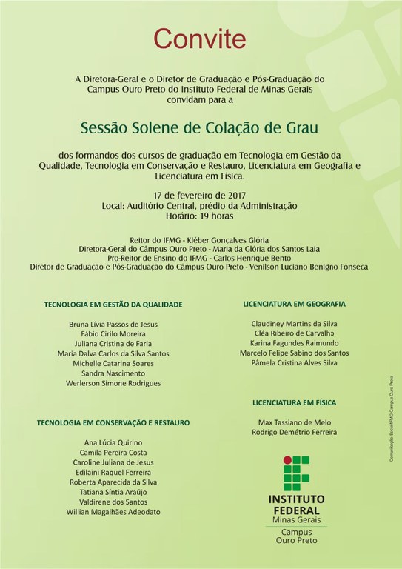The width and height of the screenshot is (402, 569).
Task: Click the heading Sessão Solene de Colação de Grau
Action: tap(200, 126)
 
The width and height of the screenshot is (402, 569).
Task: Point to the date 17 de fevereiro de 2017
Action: tap(200, 194)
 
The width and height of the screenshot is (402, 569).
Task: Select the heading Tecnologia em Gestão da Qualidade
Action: tap(113, 304)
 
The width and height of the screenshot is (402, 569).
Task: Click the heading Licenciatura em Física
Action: tap(294, 402)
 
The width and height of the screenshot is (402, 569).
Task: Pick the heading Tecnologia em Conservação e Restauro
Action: tap(113, 422)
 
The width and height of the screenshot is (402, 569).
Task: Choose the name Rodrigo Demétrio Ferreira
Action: tap(294, 432)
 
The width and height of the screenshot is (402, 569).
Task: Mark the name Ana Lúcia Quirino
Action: tap(113, 442)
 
